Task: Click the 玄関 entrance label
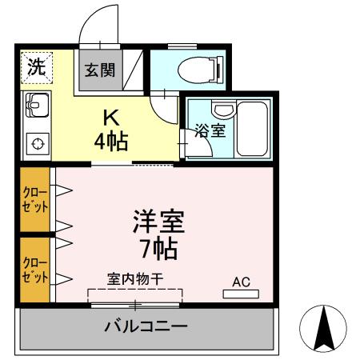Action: pos(100,70)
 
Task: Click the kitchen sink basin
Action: pos(35,104)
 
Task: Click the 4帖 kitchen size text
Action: pos(111,142)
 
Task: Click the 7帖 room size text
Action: pos(157,246)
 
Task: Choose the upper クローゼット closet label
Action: pos(35,198)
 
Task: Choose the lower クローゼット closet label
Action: pos(35,270)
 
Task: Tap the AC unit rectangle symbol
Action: pos(241,294)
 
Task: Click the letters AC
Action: pos(241,282)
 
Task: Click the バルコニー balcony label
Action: pos(146,326)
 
